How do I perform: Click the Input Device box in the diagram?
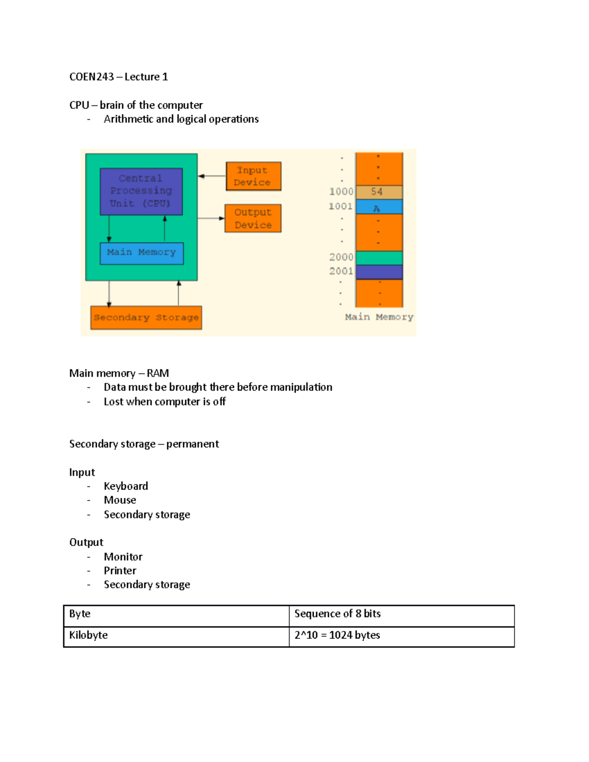253,176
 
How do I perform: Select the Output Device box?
253,218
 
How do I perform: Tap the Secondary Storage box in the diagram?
146,317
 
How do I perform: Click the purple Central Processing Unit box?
141,191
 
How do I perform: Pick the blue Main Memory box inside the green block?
141,253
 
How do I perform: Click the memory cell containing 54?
379,192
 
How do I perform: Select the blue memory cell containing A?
379,207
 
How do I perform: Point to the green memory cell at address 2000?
379,258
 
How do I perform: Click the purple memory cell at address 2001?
379,272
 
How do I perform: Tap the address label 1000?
341,192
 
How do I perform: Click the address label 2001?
341,271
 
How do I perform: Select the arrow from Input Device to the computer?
212,176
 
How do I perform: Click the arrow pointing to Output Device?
211,218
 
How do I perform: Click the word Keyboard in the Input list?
126,486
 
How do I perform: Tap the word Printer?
120,571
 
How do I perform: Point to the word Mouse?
120,500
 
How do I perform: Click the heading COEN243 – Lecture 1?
119,77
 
